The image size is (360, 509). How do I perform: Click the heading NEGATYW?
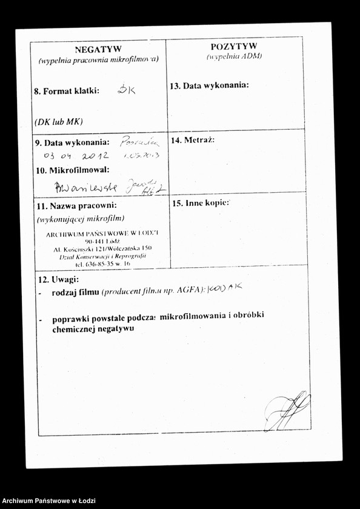pos(98,49)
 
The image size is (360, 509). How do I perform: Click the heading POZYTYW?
pos(233,46)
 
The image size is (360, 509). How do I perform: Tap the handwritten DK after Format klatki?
pos(127,90)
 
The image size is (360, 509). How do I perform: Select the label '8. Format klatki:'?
pos(67,91)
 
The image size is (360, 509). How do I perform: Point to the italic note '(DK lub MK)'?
pos(59,121)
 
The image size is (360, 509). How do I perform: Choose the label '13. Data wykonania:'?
pos(209,85)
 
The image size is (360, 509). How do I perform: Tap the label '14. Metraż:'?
pos(193,140)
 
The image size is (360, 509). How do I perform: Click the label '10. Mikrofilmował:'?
pos(73,170)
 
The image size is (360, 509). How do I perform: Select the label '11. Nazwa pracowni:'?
pos(76,206)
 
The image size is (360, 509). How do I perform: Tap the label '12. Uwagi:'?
pos(59,280)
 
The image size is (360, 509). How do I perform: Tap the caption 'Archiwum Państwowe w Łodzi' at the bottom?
pos(45,501)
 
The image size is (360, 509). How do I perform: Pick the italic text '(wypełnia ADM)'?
pos(233,56)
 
